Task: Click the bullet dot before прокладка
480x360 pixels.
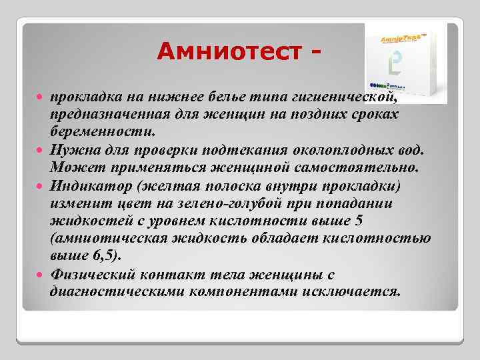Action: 42,97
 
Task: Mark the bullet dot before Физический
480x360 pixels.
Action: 42,275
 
